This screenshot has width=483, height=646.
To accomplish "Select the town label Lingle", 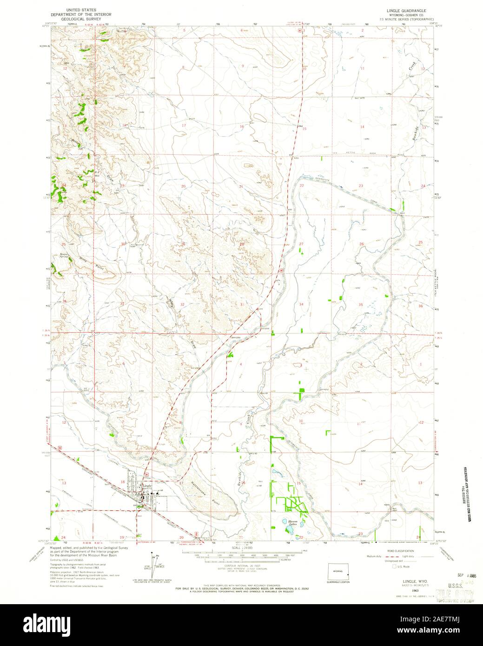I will click(x=147, y=486).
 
